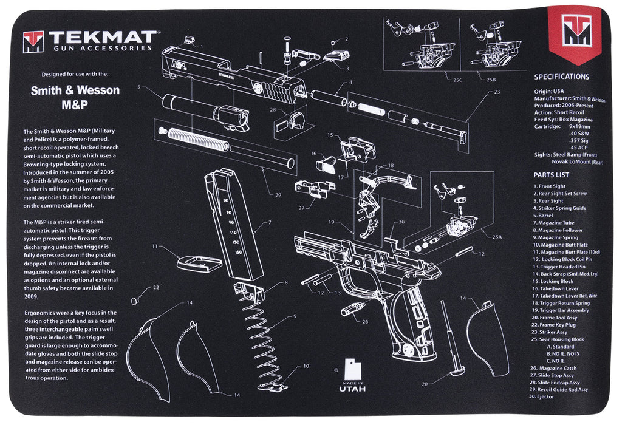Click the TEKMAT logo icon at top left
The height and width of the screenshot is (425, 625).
(33, 42)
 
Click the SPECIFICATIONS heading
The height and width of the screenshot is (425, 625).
(561, 77)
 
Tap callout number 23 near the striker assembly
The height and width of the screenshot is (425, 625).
(497, 92)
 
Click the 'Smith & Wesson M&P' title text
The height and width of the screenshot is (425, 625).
(75, 97)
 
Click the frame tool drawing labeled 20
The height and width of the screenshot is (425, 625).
(453, 340)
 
